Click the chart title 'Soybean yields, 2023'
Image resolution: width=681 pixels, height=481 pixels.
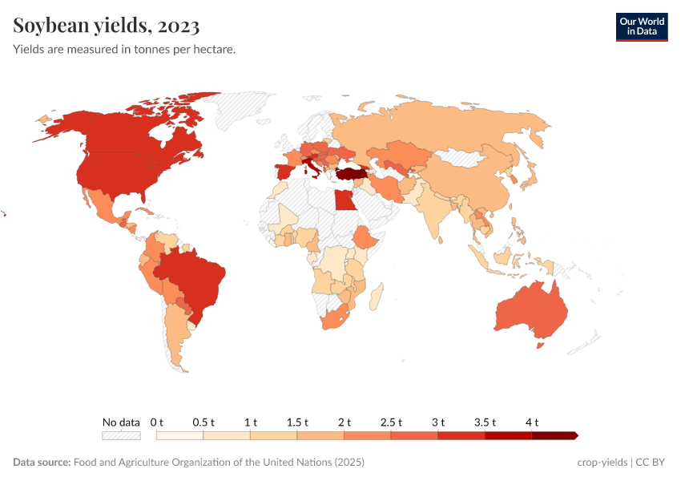pyautogui.click(x=107, y=26)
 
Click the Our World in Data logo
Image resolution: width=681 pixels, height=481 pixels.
pyautogui.click(x=641, y=26)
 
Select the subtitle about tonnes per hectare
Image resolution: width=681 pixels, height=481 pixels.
pyautogui.click(x=124, y=50)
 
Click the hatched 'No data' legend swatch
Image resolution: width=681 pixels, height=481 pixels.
pyautogui.click(x=121, y=435)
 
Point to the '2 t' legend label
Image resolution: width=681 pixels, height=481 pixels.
pyautogui.click(x=345, y=422)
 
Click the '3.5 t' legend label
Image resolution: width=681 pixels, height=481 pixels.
pyautogui.click(x=486, y=422)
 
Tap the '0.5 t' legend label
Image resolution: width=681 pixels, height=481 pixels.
pyautogui.click(x=203, y=422)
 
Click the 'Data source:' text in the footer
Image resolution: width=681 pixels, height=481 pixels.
pyautogui.click(x=42, y=463)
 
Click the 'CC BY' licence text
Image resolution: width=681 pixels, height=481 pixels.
pyautogui.click(x=652, y=463)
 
